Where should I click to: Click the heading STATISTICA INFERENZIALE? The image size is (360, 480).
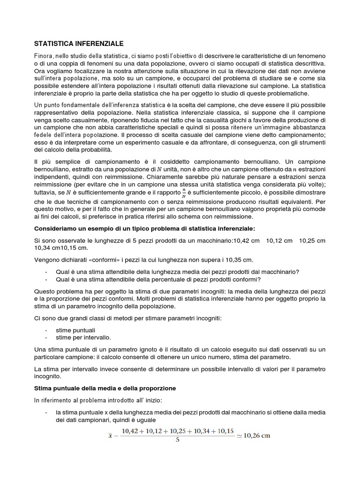79,44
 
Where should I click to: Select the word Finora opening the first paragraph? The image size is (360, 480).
45,56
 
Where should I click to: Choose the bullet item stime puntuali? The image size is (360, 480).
75,330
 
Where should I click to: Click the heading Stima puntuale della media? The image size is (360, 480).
105,389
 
